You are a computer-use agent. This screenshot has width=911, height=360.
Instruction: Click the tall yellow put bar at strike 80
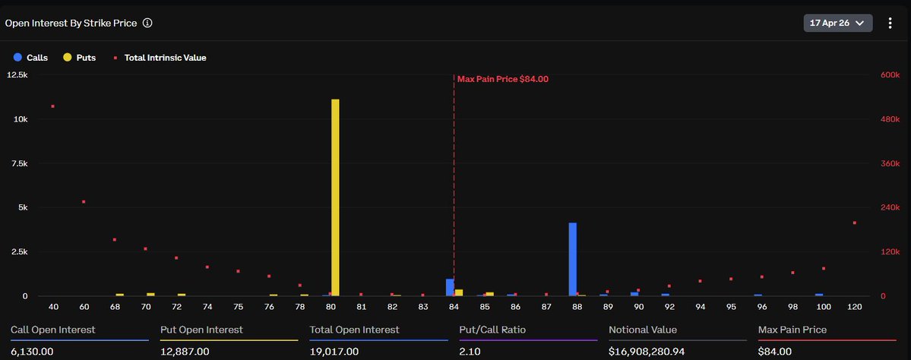(335, 197)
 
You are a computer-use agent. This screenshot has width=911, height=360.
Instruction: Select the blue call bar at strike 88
(573, 259)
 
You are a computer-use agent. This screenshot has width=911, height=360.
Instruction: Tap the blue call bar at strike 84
(450, 287)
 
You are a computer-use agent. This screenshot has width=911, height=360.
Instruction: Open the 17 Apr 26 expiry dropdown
(837, 23)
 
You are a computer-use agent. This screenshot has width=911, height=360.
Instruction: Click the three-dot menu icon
(890, 23)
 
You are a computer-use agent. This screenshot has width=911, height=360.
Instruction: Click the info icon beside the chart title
(147, 23)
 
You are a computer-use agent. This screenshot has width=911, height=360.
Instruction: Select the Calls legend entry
(31, 57)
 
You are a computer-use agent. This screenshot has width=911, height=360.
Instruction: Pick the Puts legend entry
(80, 57)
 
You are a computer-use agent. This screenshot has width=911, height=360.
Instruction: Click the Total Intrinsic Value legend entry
(160, 57)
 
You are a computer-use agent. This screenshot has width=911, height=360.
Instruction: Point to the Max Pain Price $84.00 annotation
(502, 78)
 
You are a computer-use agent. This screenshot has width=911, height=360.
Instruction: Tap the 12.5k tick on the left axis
(17, 75)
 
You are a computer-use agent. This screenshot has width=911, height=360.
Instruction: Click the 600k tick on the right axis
(890, 75)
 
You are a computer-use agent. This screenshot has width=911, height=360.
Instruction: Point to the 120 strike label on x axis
(855, 307)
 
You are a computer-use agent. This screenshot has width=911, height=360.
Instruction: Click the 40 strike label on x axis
(53, 307)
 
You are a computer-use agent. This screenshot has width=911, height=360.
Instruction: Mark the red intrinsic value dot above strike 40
(52, 106)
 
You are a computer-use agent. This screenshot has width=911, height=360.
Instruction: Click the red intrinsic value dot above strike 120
(855, 223)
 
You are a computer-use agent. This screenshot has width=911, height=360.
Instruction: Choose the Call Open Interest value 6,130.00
(32, 352)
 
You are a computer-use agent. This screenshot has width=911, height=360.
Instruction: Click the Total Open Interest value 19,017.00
(334, 352)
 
